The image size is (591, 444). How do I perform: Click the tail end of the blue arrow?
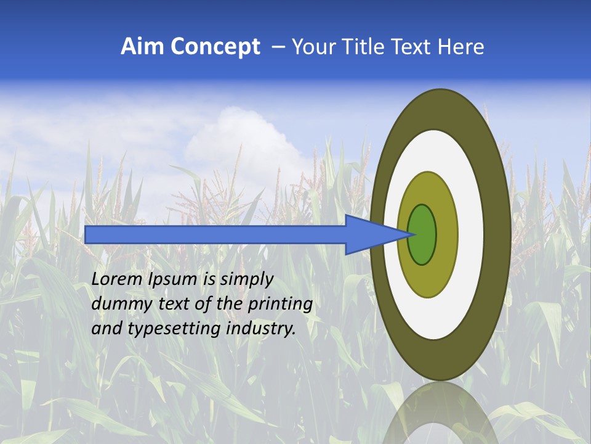click(x=87, y=234)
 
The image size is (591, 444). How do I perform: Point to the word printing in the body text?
click(x=280, y=305)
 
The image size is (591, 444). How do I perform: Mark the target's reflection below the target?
click(x=441, y=413)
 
